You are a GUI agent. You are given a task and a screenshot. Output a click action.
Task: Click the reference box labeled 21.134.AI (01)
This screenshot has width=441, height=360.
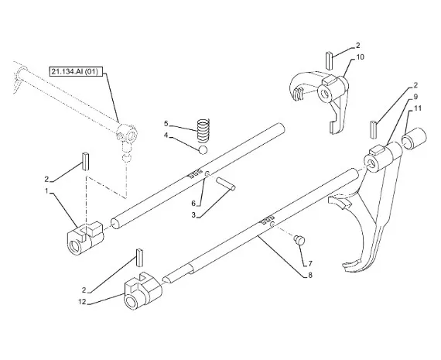(73, 72)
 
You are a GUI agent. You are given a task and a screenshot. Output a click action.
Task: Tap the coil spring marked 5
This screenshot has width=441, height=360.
(203, 130)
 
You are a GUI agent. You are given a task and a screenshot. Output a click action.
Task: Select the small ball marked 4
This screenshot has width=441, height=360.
(203, 150)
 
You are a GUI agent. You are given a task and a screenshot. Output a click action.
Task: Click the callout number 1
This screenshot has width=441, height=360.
(46, 190)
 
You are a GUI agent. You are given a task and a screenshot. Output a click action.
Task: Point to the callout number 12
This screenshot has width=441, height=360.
(83, 302)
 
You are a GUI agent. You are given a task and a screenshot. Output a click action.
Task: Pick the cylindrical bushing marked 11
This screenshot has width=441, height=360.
(414, 139)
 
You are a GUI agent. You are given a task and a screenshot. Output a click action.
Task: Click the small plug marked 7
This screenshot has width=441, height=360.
(299, 240)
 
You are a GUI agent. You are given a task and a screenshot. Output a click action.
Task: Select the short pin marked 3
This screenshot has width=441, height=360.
(226, 184)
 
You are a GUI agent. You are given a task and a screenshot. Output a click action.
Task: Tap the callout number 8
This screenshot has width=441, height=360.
(310, 275)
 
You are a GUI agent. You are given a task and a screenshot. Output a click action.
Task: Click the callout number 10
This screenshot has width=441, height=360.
(360, 57)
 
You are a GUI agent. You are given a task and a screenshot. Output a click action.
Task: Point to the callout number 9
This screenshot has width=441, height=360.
(415, 97)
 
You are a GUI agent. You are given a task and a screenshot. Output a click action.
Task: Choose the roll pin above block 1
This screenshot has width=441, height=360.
(86, 161)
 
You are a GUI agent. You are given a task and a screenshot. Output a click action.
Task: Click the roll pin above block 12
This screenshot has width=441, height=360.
(140, 258)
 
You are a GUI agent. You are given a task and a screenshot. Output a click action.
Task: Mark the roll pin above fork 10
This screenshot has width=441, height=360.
(330, 60)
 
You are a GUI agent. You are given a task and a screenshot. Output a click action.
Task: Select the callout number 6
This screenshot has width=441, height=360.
(193, 203)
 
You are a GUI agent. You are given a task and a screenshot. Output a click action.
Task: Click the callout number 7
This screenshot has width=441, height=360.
(310, 263)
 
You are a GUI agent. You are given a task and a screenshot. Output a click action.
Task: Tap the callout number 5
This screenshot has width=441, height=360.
(166, 123)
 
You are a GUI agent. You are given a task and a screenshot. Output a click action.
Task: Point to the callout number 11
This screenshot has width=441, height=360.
(418, 108)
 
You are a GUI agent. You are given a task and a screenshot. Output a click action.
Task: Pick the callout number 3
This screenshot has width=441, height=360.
(193, 215)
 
